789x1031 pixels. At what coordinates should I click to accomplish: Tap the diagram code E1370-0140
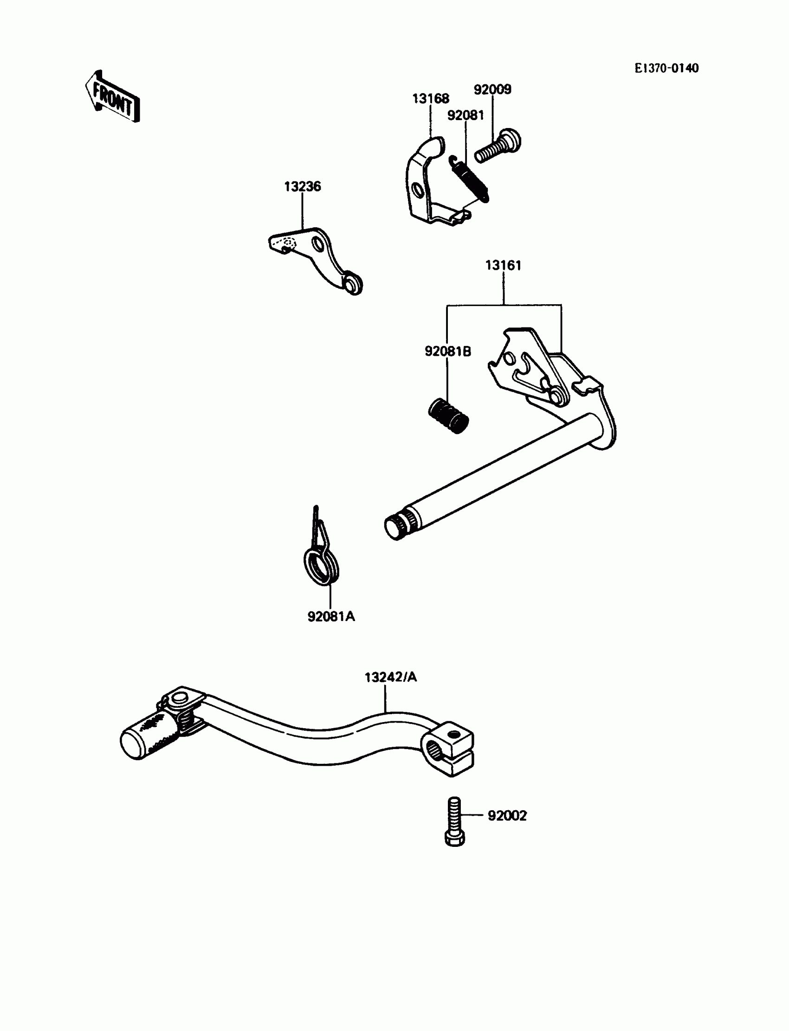pyautogui.click(x=666, y=69)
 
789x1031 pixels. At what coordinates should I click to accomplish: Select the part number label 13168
pyautogui.click(x=430, y=99)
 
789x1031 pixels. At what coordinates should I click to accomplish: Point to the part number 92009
pyautogui.click(x=492, y=90)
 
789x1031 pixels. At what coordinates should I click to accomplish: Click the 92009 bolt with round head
pyautogui.click(x=498, y=147)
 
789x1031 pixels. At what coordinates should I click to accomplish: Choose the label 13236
pyautogui.click(x=303, y=187)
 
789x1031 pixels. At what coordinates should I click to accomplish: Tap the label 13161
pyautogui.click(x=503, y=266)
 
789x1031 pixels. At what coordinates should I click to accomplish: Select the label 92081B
pyautogui.click(x=447, y=352)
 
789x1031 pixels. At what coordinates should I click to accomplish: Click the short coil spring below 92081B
pyautogui.click(x=448, y=416)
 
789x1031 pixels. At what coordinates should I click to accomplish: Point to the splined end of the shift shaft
pyautogui.click(x=398, y=526)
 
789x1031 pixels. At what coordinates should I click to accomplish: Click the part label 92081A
pyautogui.click(x=331, y=617)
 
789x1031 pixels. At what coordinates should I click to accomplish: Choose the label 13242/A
pyautogui.click(x=391, y=677)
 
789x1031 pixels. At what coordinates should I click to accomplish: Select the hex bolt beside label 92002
pyautogui.click(x=455, y=822)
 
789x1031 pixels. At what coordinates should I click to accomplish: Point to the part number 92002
pyautogui.click(x=507, y=816)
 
